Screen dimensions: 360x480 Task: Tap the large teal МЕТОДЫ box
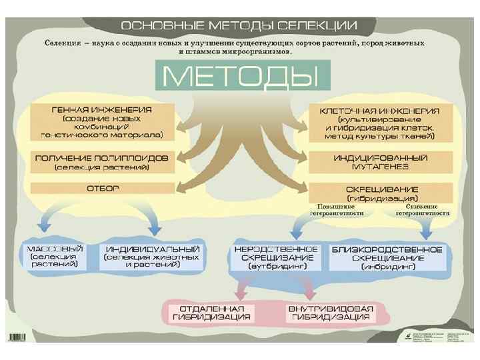click(242, 77)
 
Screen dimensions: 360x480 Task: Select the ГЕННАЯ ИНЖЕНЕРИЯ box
click(102, 121)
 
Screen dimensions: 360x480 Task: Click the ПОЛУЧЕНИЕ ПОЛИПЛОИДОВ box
click(101, 161)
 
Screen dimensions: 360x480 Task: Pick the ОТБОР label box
click(102, 189)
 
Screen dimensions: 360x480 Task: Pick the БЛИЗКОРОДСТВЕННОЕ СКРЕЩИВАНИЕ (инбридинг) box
click(388, 257)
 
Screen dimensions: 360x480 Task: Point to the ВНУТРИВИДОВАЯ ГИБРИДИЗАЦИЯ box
click(331, 313)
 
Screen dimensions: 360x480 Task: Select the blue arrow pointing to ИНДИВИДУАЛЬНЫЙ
click(151, 220)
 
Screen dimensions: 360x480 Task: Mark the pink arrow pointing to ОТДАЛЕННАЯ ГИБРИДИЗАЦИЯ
click(239, 288)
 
